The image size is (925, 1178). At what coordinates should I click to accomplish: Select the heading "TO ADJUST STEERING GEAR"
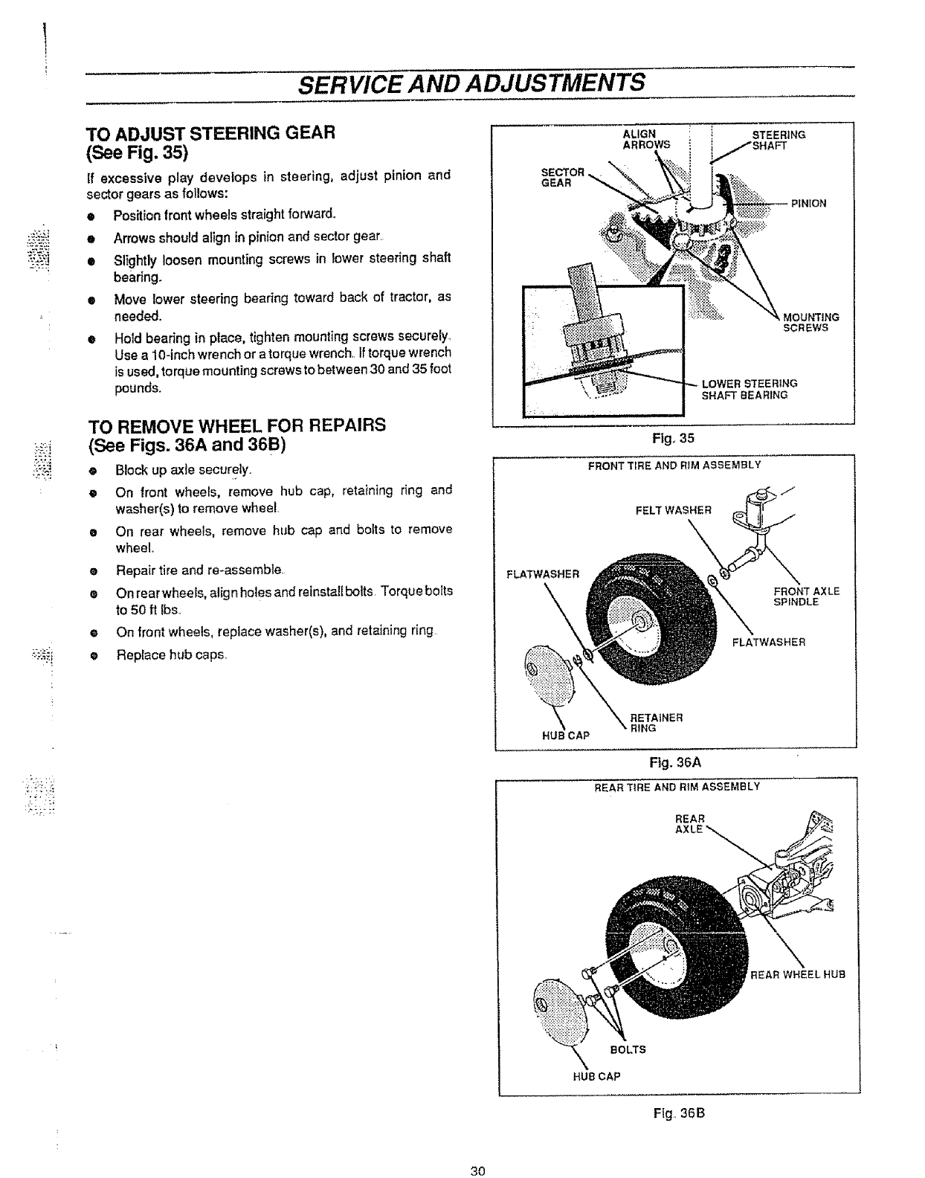[212, 134]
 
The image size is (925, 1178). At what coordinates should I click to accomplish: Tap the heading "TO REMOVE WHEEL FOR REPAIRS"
[237, 425]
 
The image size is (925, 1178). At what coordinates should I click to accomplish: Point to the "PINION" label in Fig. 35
[808, 203]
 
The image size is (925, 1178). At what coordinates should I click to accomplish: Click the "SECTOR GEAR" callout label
[563, 178]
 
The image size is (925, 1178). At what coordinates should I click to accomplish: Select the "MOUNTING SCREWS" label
[811, 322]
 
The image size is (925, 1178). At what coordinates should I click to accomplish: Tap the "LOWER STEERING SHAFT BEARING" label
[750, 389]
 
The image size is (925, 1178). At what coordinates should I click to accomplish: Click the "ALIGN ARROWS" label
[645, 139]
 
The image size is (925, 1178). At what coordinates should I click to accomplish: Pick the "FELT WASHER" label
[673, 510]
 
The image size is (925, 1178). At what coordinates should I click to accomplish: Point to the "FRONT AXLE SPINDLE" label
[806, 596]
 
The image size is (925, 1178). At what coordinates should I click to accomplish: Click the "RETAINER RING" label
[655, 723]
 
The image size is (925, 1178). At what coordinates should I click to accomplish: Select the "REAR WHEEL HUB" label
[798, 974]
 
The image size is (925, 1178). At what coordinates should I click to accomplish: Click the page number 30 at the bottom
[477, 1171]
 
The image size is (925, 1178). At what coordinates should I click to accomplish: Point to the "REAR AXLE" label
[689, 823]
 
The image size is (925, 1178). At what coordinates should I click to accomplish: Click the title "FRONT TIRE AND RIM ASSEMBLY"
[674, 465]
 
